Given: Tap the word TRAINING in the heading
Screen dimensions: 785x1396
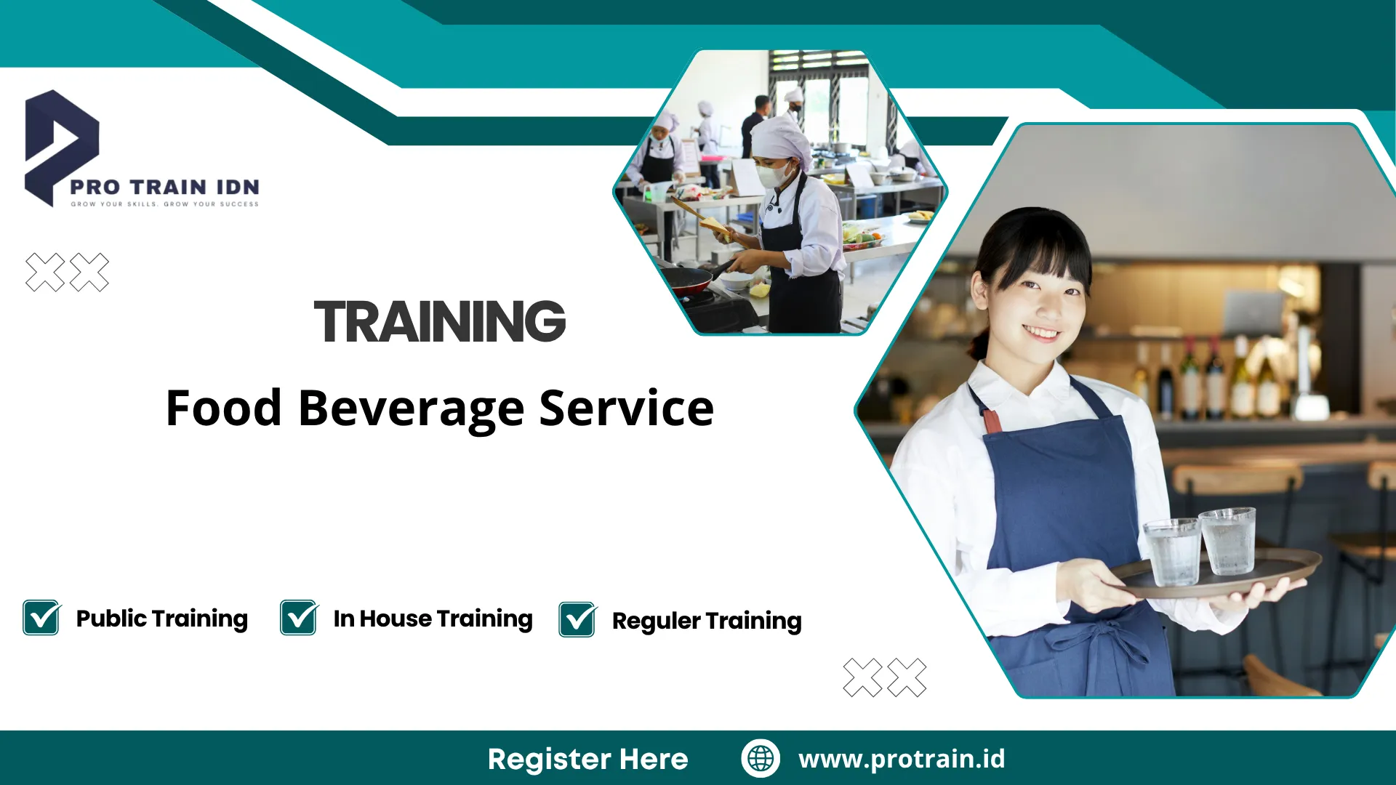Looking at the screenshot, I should click(x=439, y=321).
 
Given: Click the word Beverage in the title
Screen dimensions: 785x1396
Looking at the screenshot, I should click(x=411, y=408).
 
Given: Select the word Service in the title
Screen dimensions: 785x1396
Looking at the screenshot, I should click(x=626, y=408).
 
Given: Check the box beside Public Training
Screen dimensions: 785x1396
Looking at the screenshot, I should click(x=41, y=619).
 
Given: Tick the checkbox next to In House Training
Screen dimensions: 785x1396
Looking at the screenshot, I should click(x=299, y=619).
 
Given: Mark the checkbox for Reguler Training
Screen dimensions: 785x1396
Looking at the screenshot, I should click(x=577, y=620).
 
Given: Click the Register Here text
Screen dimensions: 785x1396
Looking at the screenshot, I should click(x=587, y=759).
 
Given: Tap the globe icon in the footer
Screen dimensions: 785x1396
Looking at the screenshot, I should click(x=761, y=758).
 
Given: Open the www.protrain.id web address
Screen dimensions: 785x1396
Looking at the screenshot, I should click(x=902, y=759).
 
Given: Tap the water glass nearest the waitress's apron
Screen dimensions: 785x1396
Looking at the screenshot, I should click(x=1171, y=552).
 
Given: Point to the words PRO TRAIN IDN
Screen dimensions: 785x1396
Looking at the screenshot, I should click(x=164, y=188).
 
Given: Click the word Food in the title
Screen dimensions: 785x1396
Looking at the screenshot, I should click(x=223, y=408).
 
